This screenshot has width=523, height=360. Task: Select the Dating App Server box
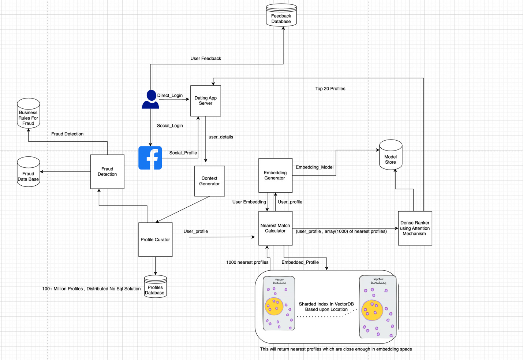(x=205, y=101)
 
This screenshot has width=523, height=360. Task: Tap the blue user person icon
(x=150, y=100)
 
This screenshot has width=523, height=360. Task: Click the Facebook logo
(x=150, y=158)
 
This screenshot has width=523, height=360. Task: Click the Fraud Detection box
(x=107, y=171)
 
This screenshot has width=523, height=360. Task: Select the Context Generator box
(x=209, y=181)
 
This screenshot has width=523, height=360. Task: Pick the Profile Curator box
(x=155, y=240)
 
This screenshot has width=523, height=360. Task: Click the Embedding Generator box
(x=275, y=175)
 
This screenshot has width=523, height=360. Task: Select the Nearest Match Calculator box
(x=275, y=228)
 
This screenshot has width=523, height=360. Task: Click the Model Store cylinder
(x=391, y=155)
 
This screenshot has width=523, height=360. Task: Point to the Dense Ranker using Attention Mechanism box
(x=415, y=228)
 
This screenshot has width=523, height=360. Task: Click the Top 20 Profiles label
(x=330, y=89)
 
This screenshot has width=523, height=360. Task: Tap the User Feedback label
(x=206, y=58)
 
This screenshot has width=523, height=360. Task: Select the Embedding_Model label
(x=314, y=167)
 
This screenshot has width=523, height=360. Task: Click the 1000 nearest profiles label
(x=247, y=262)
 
